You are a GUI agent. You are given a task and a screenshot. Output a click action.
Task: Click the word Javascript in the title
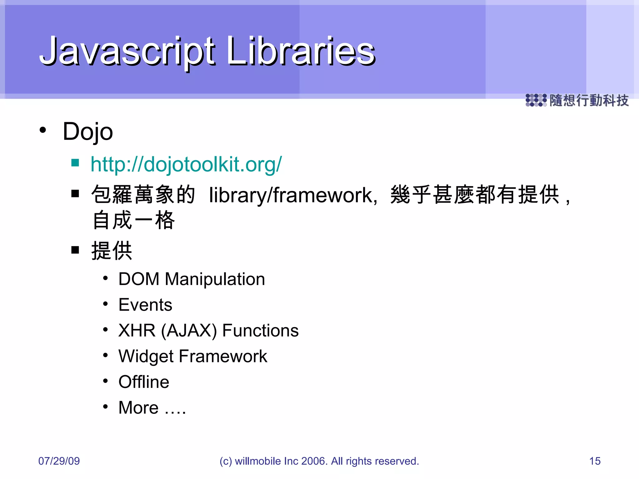126,51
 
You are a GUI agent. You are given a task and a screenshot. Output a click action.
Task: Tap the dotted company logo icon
536,100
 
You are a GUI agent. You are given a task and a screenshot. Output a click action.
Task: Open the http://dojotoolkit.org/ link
186,164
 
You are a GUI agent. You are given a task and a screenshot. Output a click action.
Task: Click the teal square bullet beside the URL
75,162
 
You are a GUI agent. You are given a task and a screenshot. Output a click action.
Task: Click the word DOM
139,279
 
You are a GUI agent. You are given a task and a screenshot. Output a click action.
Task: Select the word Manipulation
215,279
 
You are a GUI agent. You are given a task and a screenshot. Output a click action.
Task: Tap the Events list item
145,305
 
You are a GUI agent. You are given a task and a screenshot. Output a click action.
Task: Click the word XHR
137,331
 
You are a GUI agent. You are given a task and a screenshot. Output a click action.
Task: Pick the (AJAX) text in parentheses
189,331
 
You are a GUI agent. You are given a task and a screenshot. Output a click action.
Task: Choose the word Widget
146,356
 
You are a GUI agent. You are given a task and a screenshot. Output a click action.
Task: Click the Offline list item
144,382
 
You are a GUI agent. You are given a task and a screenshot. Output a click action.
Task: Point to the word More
139,408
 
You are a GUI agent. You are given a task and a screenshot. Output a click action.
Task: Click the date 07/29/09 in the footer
59,461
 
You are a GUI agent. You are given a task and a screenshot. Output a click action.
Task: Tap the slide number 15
595,461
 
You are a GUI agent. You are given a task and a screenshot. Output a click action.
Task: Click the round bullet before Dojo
43,130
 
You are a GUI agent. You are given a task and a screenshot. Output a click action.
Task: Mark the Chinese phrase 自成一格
134,220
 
